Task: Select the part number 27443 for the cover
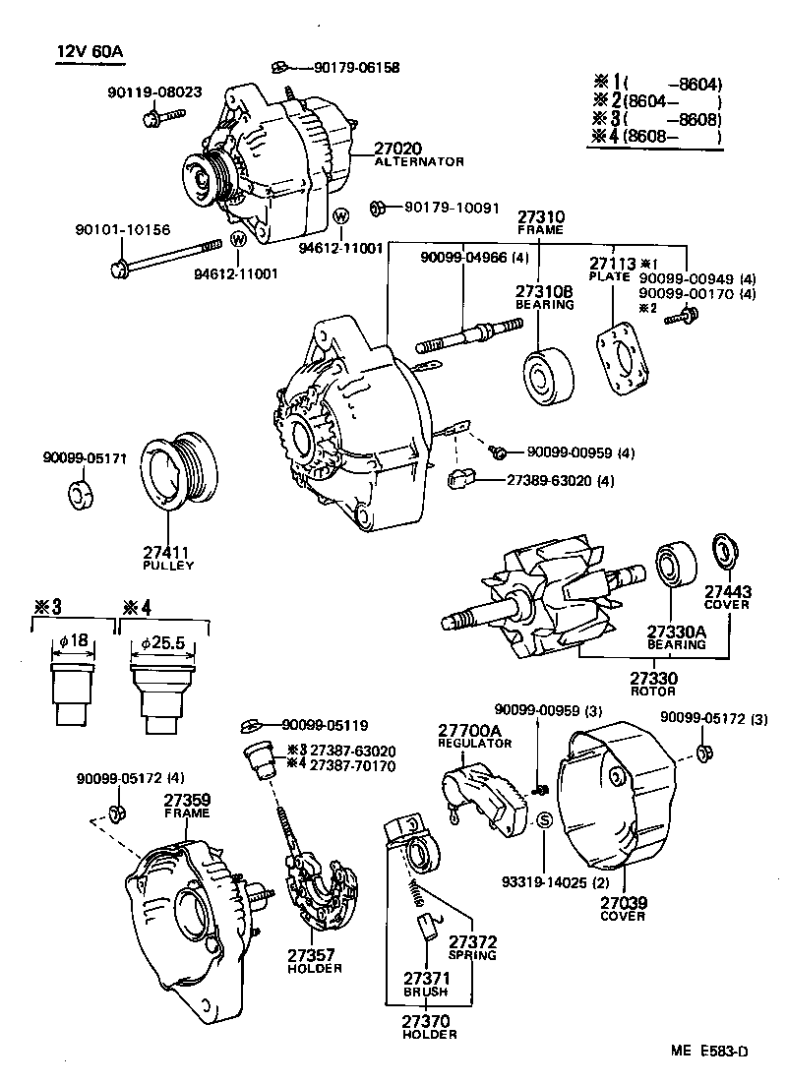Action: (727, 591)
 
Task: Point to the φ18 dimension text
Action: (74, 641)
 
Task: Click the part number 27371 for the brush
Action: (425, 979)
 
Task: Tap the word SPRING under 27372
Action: (472, 955)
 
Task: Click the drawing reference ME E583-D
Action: (710, 1052)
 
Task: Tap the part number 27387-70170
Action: (353, 766)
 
